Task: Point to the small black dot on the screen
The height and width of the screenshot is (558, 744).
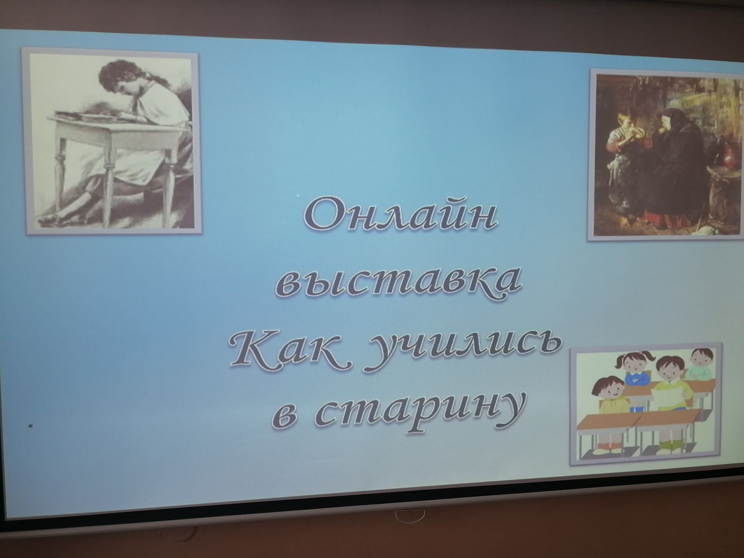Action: [31, 426]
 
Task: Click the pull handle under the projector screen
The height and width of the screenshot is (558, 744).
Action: [410, 515]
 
